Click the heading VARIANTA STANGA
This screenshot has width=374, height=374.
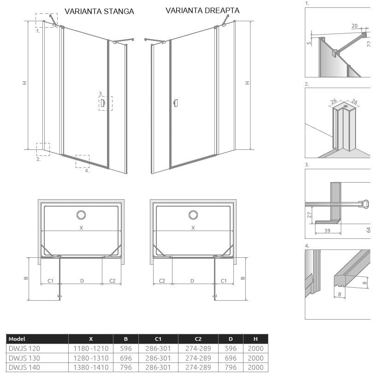click(99, 11)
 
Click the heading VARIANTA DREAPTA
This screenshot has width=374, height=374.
click(202, 11)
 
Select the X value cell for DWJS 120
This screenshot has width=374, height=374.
click(91, 349)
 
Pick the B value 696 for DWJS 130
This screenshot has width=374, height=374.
click(126, 358)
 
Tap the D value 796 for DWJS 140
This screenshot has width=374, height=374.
click(231, 368)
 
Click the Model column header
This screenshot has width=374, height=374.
click(17, 338)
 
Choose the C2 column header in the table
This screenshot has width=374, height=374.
click(198, 339)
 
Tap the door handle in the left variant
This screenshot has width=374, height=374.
click(103, 103)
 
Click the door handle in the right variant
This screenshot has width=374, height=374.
click(176, 103)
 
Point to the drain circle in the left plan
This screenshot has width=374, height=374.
click(81, 215)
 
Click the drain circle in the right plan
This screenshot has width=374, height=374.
click(193, 215)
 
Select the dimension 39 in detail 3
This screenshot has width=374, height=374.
click(327, 231)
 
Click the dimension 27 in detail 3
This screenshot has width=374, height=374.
click(309, 214)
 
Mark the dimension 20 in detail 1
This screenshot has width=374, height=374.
click(355, 26)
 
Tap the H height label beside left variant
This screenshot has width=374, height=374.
click(24, 83)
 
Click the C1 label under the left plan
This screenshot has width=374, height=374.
click(50, 281)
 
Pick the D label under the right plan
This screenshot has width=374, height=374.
click(192, 281)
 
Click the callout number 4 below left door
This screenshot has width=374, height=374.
click(87, 171)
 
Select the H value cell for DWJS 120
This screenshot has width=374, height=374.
click(255, 349)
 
